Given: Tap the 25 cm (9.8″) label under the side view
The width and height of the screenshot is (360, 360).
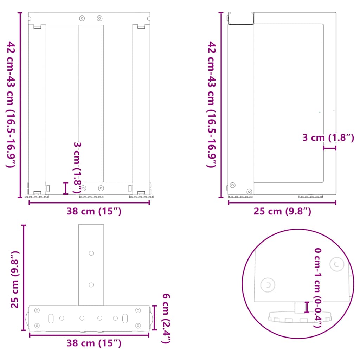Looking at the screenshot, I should (x=283, y=211).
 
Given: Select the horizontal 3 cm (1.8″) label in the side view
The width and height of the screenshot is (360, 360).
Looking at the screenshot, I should (x=328, y=137).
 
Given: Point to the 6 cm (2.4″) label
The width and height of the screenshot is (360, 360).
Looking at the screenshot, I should (x=167, y=318).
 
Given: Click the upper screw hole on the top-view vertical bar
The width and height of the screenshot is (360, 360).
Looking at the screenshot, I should (x=91, y=253).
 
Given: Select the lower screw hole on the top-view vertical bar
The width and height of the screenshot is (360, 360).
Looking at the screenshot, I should (x=91, y=284).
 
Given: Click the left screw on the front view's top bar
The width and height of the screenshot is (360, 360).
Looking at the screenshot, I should (x=82, y=18).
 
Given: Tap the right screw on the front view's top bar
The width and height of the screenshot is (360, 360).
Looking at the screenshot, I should (x=99, y=18).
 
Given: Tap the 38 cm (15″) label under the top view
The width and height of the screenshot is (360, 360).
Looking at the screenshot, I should (x=94, y=343).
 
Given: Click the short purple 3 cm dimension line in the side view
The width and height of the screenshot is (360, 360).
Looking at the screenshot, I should (x=330, y=148).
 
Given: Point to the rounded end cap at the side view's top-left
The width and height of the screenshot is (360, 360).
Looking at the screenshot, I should (x=241, y=18).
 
